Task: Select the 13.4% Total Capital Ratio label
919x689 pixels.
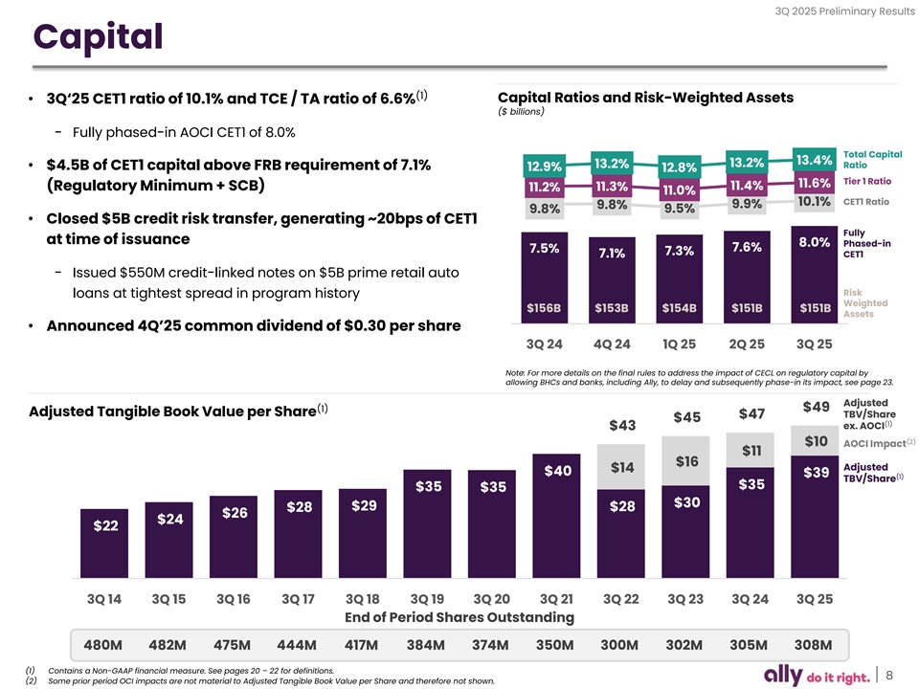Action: coord(814,160)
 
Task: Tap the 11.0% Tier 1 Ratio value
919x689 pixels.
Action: coord(679,190)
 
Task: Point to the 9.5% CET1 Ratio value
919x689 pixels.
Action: coord(679,209)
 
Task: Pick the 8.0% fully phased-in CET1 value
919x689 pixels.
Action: coord(814,242)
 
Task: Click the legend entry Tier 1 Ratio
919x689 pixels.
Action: coord(866,181)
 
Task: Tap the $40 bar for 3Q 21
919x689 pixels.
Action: coord(557,470)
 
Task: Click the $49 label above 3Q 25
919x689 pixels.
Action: coord(816,407)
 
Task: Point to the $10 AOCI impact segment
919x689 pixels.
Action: coord(816,441)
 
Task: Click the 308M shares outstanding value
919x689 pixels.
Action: coord(814,643)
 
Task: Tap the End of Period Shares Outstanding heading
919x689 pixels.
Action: coord(459,617)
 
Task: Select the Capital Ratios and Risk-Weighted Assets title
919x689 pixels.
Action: coord(646,98)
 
